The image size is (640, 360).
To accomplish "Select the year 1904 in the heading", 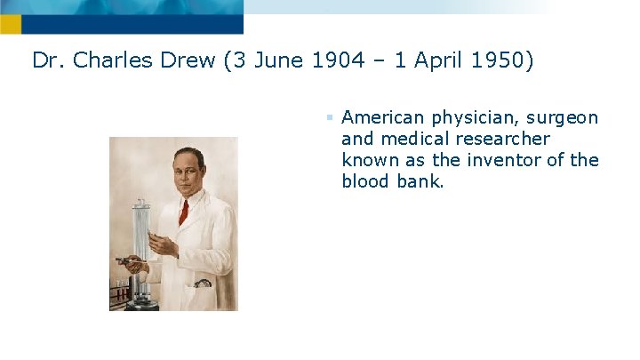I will click(332, 60).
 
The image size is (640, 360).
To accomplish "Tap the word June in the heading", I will click(276, 60).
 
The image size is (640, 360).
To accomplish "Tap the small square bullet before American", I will click(329, 116).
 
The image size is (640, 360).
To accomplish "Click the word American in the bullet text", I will click(384, 117).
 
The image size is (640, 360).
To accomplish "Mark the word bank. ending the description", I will click(420, 182).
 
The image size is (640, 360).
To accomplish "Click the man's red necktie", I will click(183, 212).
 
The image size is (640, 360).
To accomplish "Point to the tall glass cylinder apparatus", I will click(140, 231).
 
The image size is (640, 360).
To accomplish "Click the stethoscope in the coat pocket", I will click(204, 284).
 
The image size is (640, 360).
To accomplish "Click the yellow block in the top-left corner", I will click(10, 24).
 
